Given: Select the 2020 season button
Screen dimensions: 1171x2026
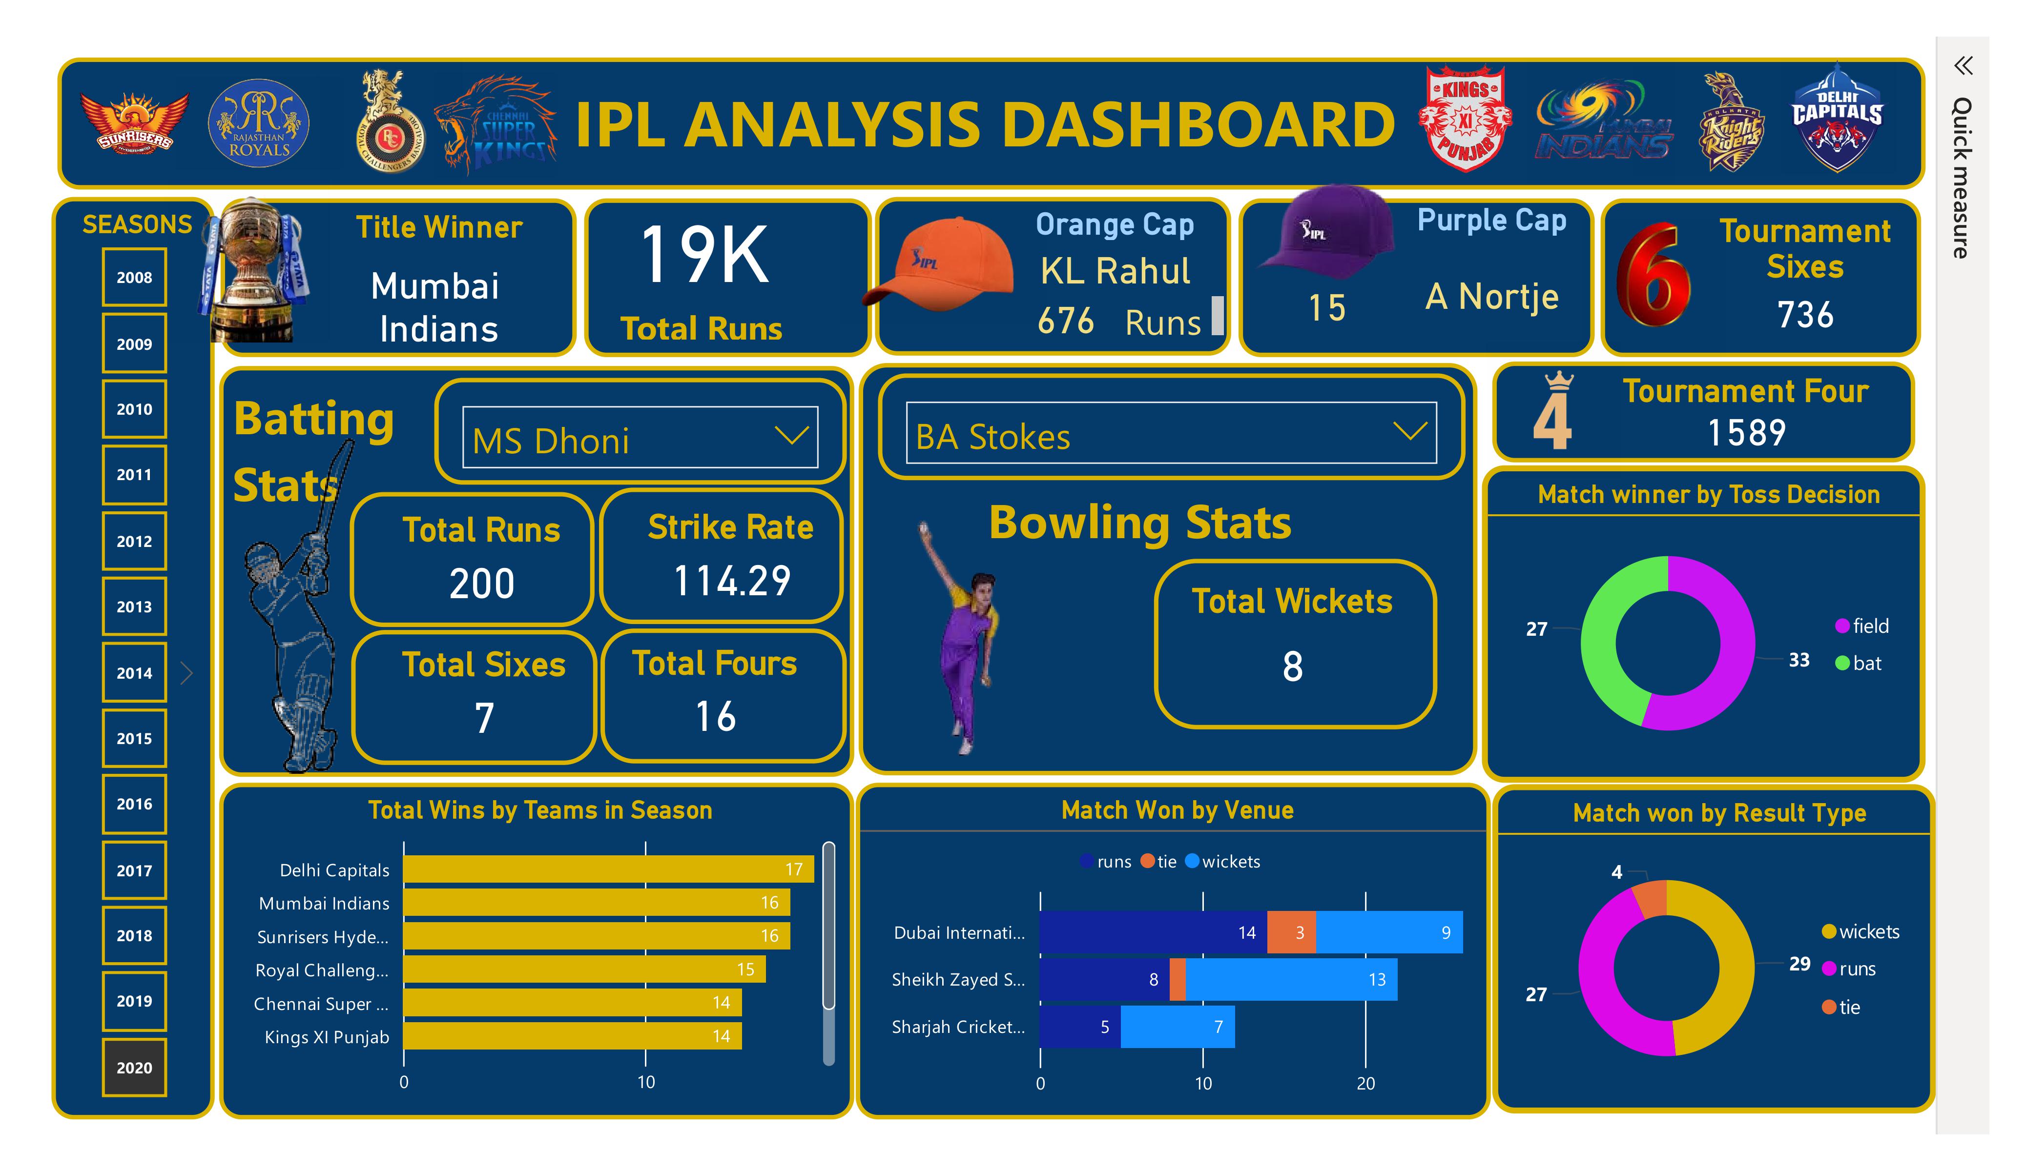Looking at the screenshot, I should click(x=134, y=1068).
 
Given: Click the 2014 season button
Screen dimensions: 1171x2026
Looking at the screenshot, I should click(x=134, y=673).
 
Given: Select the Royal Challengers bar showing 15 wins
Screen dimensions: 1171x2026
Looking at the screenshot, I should click(x=584, y=969).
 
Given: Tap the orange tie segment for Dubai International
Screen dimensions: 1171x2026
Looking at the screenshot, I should click(x=1291, y=932).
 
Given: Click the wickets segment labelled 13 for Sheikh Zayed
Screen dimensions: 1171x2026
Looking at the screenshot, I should click(x=1291, y=979).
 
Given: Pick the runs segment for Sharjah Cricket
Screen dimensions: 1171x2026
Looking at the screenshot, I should click(x=1080, y=1027).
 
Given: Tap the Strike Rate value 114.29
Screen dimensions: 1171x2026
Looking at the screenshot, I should click(x=732, y=581).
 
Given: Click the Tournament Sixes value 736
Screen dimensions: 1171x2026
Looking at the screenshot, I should click(x=1805, y=314).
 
